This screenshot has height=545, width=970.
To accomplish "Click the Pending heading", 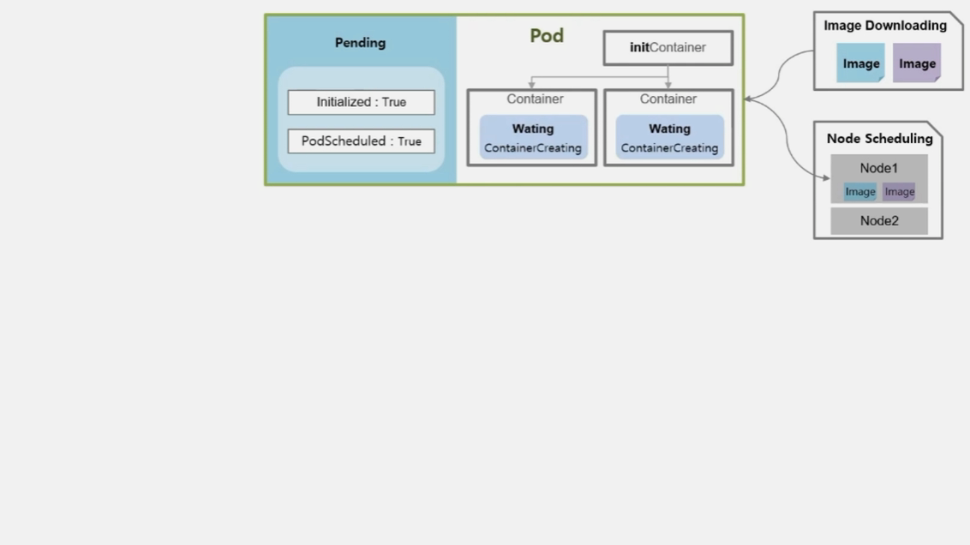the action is (x=360, y=43).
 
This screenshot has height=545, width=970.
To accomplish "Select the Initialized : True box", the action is (x=362, y=102).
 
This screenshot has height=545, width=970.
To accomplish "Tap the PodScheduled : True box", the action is (x=362, y=141).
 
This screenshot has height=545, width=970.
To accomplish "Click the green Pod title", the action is (x=547, y=35).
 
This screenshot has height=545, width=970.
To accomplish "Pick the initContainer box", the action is (x=668, y=48).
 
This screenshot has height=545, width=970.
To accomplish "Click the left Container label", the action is (x=535, y=99).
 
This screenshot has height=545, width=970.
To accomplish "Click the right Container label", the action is (x=668, y=99).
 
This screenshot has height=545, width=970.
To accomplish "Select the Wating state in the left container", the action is (x=533, y=129).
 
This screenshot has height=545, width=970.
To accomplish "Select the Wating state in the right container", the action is (x=669, y=129).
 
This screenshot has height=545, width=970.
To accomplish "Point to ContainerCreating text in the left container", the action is (x=533, y=148).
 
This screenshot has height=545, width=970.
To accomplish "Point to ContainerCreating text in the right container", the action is (x=669, y=148).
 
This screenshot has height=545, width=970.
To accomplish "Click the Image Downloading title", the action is (x=885, y=26).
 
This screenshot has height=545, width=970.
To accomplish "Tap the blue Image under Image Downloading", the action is (x=860, y=63).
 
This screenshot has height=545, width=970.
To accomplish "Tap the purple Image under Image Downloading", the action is (x=917, y=63).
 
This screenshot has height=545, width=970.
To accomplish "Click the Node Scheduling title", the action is (x=880, y=139).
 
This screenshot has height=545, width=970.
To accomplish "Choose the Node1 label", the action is (x=878, y=168).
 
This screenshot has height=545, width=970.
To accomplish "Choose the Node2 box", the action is (x=879, y=221).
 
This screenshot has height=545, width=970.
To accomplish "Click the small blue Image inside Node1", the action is (x=859, y=192).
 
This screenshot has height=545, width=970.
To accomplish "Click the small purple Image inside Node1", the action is (x=899, y=192).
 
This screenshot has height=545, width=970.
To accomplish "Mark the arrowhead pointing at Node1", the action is (x=827, y=178).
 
